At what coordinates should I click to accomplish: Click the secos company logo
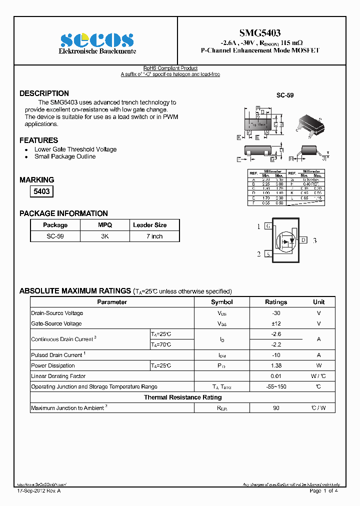pyautogui.click(x=97, y=40)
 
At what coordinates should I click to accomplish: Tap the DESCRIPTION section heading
pyautogui.click(x=44, y=93)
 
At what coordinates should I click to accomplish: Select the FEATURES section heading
pyautogui.click(x=38, y=140)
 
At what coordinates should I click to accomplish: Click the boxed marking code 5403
pyautogui.click(x=41, y=191)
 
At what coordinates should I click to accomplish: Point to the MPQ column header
pyautogui.click(x=105, y=225)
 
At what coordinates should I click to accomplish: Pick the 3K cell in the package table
pyautogui.click(x=105, y=236)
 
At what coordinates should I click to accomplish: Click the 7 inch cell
pyautogui.click(x=154, y=236)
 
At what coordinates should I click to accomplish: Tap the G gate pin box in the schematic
pyautogui.click(x=268, y=226)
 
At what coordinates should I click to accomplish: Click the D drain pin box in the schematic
pyautogui.click(x=303, y=240)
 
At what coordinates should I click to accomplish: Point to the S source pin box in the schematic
pyautogui.click(x=268, y=254)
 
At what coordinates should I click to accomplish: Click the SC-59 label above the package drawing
pyautogui.click(x=285, y=95)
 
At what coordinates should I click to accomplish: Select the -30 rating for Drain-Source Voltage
pyautogui.click(x=276, y=313)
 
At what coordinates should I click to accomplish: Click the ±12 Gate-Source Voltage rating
pyautogui.click(x=276, y=323)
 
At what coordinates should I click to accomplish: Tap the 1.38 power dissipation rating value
pyautogui.click(x=276, y=365)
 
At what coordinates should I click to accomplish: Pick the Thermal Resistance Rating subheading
pyautogui.click(x=182, y=397)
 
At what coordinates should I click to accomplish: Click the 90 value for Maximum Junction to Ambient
pyautogui.click(x=276, y=408)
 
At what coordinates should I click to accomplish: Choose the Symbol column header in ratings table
pyautogui.click(x=221, y=302)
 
